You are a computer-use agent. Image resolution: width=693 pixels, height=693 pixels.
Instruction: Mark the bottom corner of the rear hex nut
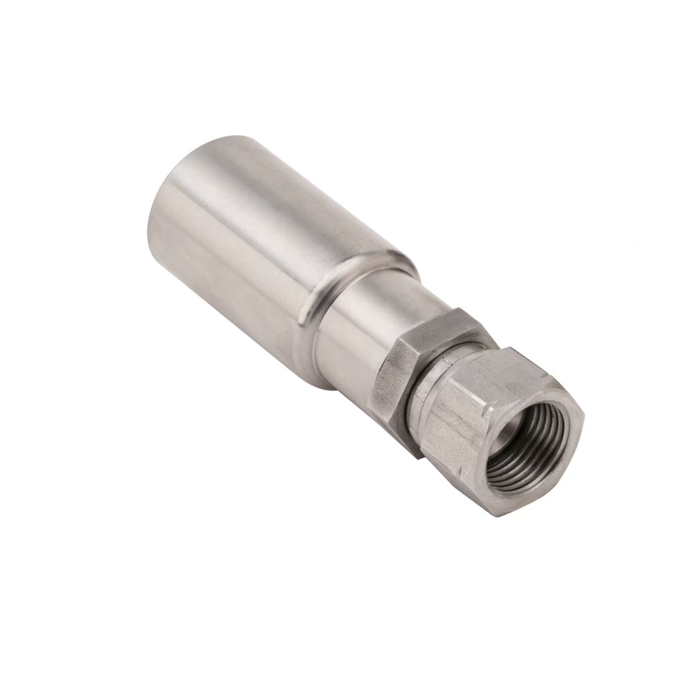tap(416, 454)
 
